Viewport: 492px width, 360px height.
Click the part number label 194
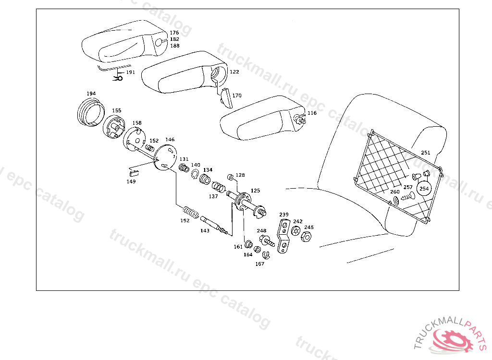pyautogui.click(x=91, y=94)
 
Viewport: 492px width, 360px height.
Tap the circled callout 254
pyautogui.click(x=424, y=189)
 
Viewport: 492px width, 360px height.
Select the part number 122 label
pyautogui.click(x=234, y=72)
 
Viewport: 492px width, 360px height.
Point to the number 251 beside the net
pyautogui.click(x=426, y=153)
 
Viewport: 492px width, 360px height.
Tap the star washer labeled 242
pyautogui.click(x=295, y=231)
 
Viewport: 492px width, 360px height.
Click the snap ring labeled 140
pyautogui.click(x=196, y=174)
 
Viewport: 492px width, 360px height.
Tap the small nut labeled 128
pyautogui.click(x=231, y=177)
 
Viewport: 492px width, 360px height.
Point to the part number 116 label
pyautogui.click(x=312, y=113)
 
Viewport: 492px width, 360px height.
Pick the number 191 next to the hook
pyautogui.click(x=130, y=72)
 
